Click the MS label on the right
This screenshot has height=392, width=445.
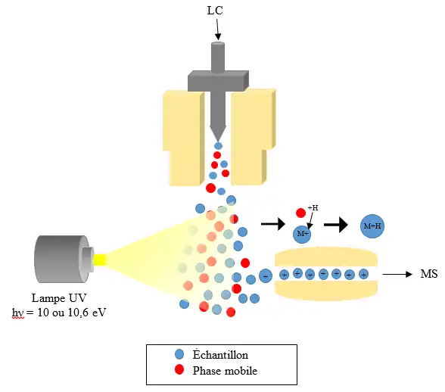pos(428,274)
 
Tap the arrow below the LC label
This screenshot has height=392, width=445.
pos(218,30)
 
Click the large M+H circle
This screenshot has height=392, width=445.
pos(372,226)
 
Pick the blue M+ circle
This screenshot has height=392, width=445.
pos(303,233)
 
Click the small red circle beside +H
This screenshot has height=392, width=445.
pos(300,213)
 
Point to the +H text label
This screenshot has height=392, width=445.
pos(313,207)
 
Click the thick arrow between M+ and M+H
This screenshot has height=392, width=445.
pos(336,225)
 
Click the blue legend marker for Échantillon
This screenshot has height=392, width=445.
pos(179,354)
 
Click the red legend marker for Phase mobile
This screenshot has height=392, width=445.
pos(179,370)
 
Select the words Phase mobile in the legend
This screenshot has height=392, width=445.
pos(225,371)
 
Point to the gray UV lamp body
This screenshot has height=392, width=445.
pos(57,260)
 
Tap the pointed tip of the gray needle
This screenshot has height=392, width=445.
pos(218,136)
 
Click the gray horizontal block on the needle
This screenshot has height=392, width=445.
pos(218,79)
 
